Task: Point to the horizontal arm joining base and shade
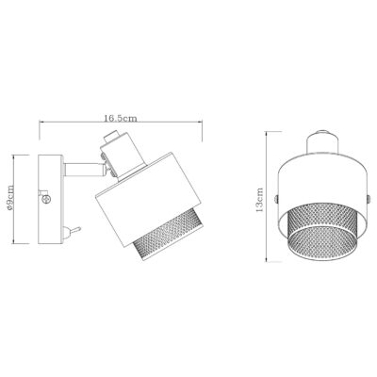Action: click(x=79, y=169)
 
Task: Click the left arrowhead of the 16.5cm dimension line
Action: click(x=39, y=126)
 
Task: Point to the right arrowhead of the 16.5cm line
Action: click(x=200, y=126)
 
